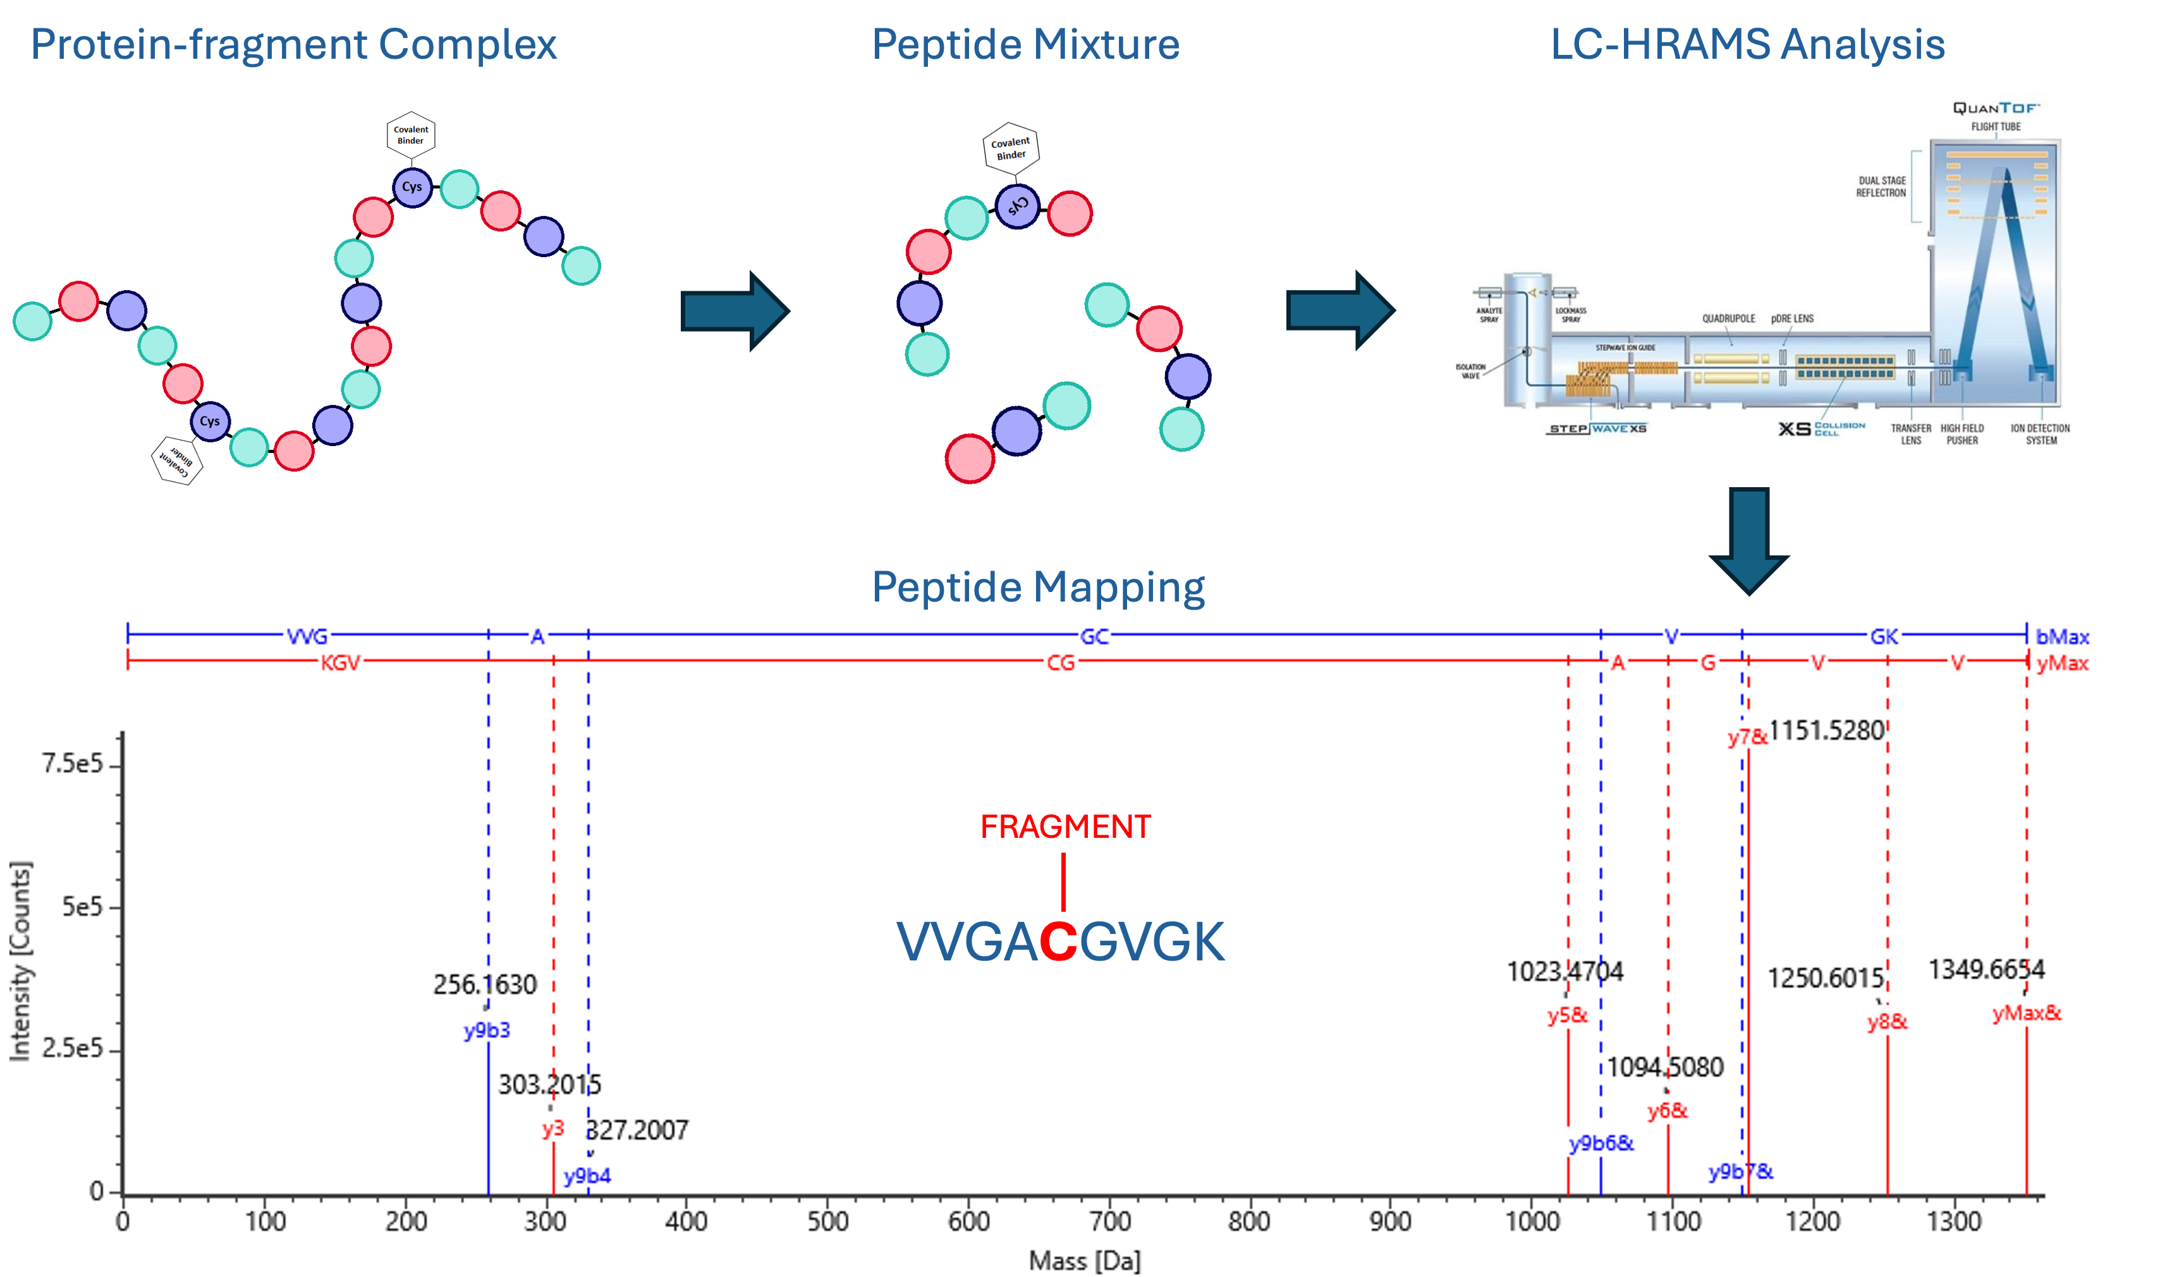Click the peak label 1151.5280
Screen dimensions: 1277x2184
[x=1826, y=730]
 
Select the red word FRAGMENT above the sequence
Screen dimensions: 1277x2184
[x=1065, y=827]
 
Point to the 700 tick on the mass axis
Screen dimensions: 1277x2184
[x=1109, y=1221]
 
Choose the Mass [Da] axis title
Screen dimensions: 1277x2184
[x=1084, y=1261]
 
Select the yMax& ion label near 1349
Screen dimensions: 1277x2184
[x=2026, y=1013]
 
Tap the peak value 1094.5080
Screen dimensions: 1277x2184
[x=1665, y=1067]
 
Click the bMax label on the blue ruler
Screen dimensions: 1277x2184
[x=2062, y=637]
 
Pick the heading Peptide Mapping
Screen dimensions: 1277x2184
[x=1037, y=588]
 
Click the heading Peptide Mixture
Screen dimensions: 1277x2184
[x=1025, y=45]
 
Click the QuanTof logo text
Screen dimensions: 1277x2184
[x=1996, y=108]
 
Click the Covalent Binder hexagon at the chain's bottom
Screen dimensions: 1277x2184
[x=178, y=459]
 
